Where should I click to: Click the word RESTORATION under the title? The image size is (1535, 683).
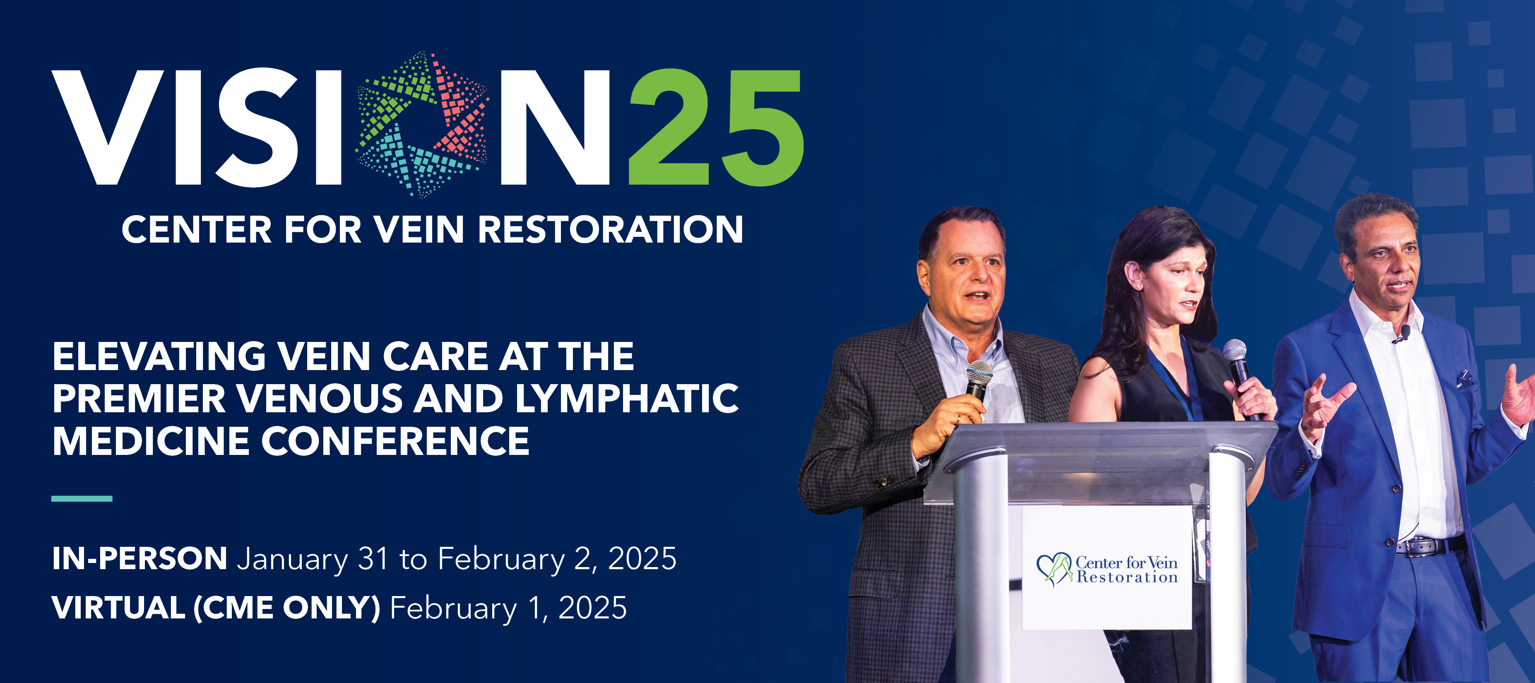tap(610, 230)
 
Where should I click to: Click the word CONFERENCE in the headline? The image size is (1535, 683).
tap(395, 441)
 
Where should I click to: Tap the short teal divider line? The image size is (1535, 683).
tap(82, 498)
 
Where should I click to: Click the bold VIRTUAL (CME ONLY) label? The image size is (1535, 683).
tap(216, 608)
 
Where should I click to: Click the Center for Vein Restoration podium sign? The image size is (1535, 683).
tap(1107, 569)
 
